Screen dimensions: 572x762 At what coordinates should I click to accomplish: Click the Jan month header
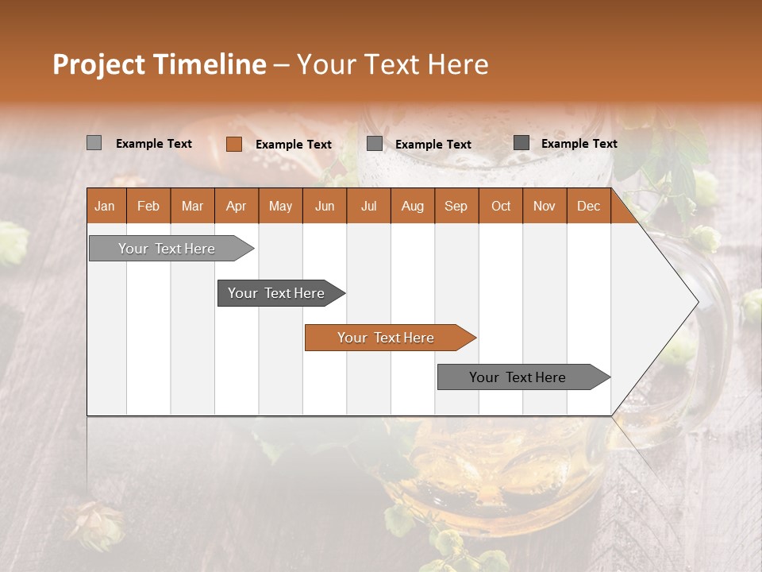(106, 206)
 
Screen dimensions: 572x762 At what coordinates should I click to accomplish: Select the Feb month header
(148, 206)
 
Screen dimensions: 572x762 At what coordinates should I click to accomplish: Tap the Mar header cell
(193, 206)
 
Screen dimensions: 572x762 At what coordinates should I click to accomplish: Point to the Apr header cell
(237, 206)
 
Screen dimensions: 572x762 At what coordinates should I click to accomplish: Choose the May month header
(280, 206)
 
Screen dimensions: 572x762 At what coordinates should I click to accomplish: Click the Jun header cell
(325, 206)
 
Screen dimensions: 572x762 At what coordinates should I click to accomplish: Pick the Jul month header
(369, 206)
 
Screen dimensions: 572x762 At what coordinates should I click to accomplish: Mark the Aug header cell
(413, 206)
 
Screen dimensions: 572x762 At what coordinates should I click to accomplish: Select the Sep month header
(456, 206)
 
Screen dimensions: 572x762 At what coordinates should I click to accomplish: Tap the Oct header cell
(501, 206)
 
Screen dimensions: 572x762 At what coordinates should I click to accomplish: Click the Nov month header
(545, 206)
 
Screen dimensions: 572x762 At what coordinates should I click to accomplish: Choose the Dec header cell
(589, 206)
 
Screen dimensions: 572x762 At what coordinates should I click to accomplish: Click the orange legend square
(234, 144)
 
